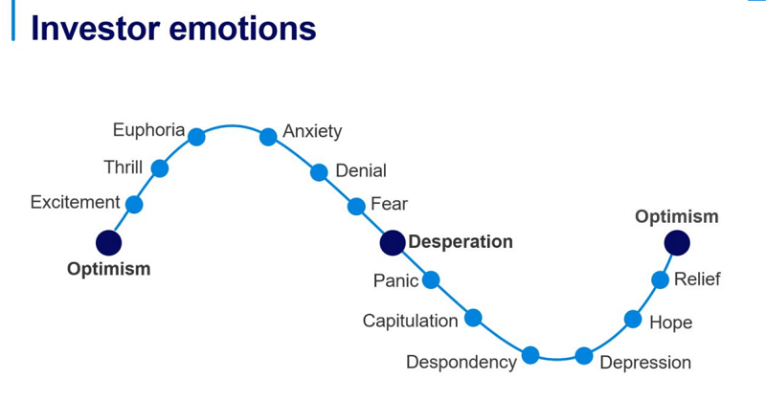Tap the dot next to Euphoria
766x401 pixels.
point(196,136)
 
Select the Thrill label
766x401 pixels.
point(123,168)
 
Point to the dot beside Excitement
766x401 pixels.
point(134,204)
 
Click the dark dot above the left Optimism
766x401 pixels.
point(109,242)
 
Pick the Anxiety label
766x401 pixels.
point(312,131)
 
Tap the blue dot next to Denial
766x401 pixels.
point(319,172)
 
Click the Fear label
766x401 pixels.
point(389,203)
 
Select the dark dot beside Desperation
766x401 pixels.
point(393,243)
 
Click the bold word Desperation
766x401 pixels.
point(461,242)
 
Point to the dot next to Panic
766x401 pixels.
point(431,279)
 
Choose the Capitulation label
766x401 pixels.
point(410,321)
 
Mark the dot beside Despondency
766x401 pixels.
point(530,355)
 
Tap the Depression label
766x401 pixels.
point(644,363)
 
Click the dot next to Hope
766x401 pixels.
point(633,319)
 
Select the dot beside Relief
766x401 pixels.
point(660,279)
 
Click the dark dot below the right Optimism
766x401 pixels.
point(677,242)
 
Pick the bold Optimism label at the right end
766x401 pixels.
point(676,216)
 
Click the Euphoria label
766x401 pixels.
point(148,129)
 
